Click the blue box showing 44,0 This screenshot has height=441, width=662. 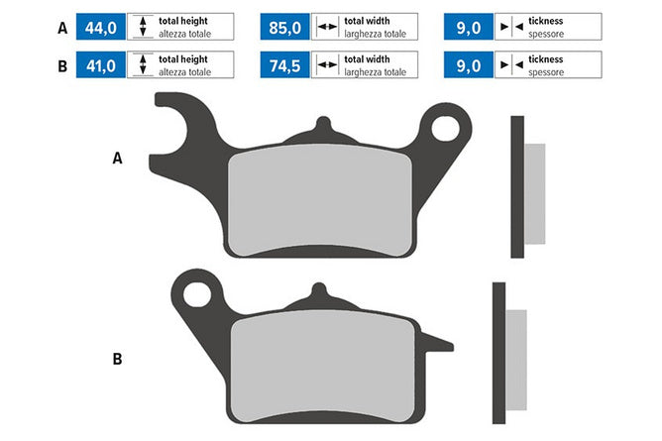100,27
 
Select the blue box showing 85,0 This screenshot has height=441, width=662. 285,27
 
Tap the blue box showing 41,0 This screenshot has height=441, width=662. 100,65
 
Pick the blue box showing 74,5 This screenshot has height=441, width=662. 285,65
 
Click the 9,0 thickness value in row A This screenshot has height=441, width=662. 469,27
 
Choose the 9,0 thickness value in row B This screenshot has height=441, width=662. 469,65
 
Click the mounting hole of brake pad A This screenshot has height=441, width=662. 445,128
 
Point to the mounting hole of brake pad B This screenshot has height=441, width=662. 197,293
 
